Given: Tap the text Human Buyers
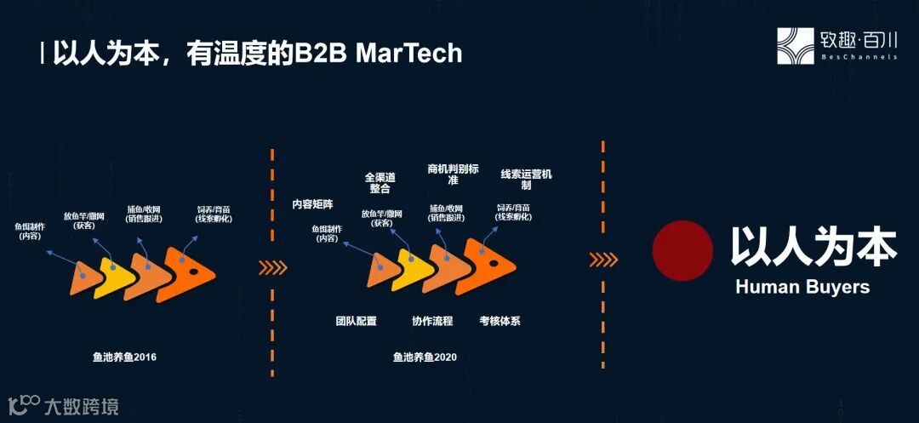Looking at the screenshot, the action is pos(802,287).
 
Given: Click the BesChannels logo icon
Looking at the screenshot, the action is pos(795,46).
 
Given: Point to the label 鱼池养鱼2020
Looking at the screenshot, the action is pos(425,357).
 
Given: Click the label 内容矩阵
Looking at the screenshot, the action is pos(312,205).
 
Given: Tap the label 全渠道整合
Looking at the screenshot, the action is pos(380,184).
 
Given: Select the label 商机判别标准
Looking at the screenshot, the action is pos(454,174).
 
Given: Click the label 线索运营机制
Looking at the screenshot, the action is pos(526,180).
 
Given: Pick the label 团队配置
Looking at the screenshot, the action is pos(356,321).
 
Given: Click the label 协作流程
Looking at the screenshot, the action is pos(432,321).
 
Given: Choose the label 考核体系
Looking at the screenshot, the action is pos(499,321).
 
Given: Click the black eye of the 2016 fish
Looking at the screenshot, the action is pos(194,272).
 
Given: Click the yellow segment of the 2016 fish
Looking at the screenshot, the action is pos(112,277).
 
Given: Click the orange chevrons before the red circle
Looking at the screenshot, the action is pos(604,259).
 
